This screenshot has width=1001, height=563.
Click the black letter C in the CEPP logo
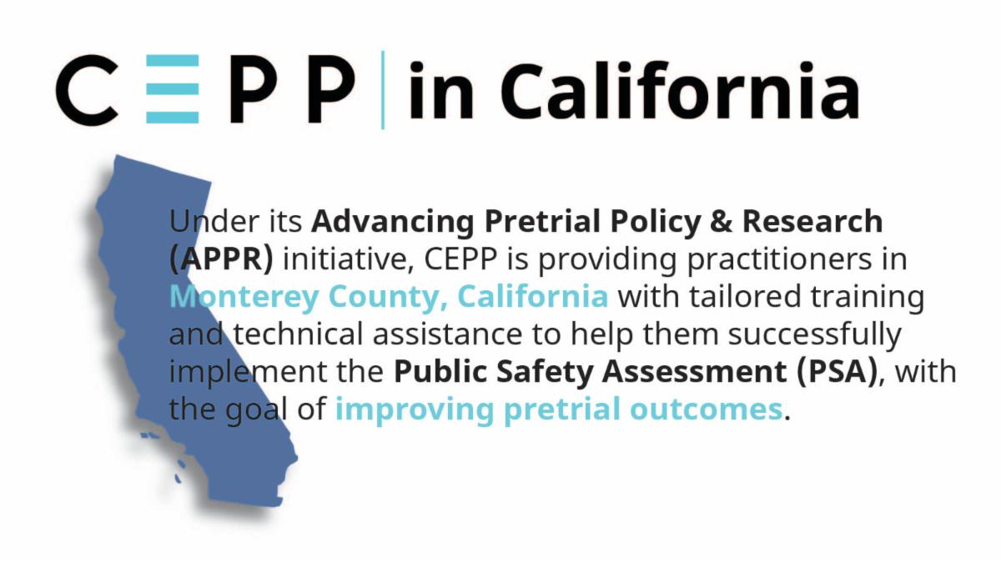(87, 89)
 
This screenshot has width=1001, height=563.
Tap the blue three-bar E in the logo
(173, 89)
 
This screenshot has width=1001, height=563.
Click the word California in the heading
(679, 90)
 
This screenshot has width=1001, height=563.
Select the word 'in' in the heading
(440, 90)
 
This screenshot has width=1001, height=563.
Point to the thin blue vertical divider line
(383, 90)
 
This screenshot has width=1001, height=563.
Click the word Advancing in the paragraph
(393, 223)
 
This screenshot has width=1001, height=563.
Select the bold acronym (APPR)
(221, 259)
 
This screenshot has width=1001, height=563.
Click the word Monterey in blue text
(244, 298)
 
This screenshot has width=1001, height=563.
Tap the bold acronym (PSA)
(837, 372)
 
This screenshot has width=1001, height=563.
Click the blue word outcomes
(706, 410)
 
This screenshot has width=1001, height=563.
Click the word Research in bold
(812, 222)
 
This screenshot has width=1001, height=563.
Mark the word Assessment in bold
(694, 372)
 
